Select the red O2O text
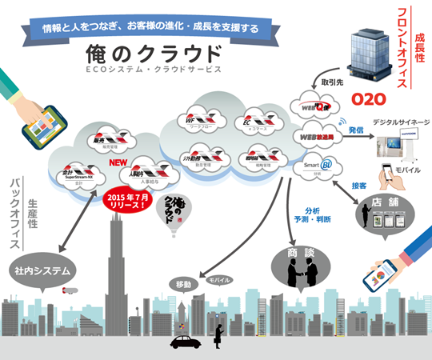click(x=369, y=99)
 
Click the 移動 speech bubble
click(x=184, y=286)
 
